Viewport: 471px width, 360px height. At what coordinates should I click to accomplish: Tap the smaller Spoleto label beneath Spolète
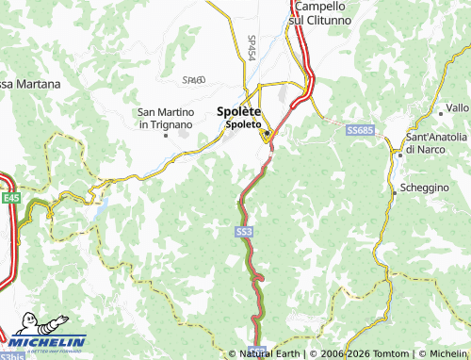(x=243, y=123)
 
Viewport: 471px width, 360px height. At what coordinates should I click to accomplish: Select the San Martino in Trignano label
(x=166, y=119)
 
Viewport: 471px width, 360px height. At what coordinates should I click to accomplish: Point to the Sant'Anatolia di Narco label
(x=435, y=143)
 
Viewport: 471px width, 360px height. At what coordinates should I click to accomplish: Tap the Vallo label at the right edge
(x=457, y=108)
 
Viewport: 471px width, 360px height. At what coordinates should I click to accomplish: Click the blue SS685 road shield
(x=359, y=129)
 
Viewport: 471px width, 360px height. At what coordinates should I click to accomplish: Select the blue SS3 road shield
(x=244, y=231)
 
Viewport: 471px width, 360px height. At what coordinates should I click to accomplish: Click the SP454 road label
(x=252, y=48)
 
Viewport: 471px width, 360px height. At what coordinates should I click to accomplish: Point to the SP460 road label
(x=193, y=81)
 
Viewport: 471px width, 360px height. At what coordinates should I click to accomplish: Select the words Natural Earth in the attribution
(x=270, y=353)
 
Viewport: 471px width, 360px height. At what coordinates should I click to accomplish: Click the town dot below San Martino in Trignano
(x=166, y=135)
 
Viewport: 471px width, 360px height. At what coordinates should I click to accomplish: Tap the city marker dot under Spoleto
(x=268, y=134)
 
